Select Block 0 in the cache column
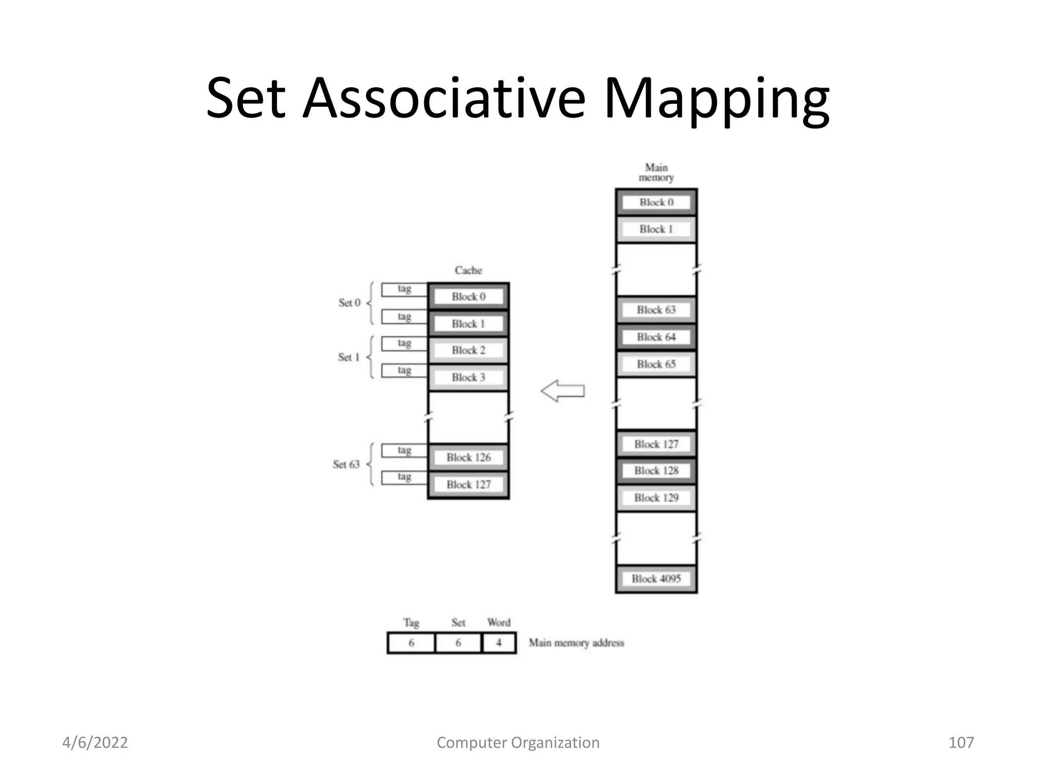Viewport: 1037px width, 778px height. pyautogui.click(x=468, y=297)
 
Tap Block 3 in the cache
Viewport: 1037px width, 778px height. pyautogui.click(x=468, y=377)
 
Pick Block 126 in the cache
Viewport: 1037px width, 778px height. pyautogui.click(x=468, y=457)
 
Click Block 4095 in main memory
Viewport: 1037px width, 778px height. pyautogui.click(x=656, y=579)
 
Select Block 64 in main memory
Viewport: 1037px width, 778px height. pyautogui.click(x=656, y=337)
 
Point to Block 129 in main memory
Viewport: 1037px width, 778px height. pyautogui.click(x=656, y=498)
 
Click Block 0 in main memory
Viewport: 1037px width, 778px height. pyautogui.click(x=656, y=203)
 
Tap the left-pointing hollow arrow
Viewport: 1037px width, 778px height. pyautogui.click(x=563, y=391)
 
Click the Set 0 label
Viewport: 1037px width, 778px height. pyautogui.click(x=349, y=303)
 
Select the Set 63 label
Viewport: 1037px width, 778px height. pyautogui.click(x=346, y=464)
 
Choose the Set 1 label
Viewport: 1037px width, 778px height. pyautogui.click(x=349, y=357)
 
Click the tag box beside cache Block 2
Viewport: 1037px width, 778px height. pyautogui.click(x=404, y=343)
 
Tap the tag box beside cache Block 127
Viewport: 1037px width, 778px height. pyautogui.click(x=404, y=477)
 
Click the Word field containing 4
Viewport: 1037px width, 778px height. pyautogui.click(x=499, y=643)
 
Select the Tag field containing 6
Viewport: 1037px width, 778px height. pyautogui.click(x=411, y=643)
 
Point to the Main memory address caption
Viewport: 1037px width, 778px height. pyautogui.click(x=576, y=643)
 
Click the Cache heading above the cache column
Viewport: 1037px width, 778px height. pyautogui.click(x=468, y=270)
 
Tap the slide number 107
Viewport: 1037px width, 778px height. pyautogui.click(x=961, y=743)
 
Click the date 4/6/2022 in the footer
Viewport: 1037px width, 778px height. pyautogui.click(x=95, y=743)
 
